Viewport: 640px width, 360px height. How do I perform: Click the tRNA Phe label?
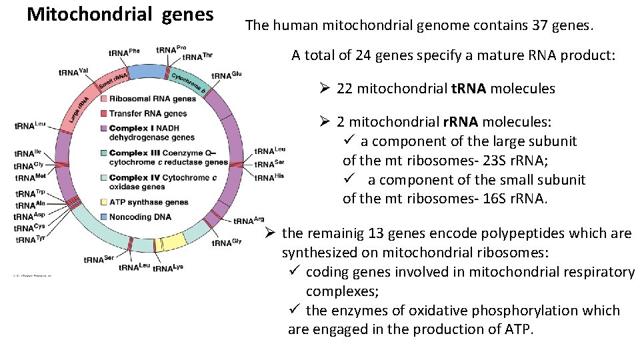(124, 51)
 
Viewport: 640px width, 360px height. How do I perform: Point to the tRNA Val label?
(73, 71)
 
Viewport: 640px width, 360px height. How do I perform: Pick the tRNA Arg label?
(249, 221)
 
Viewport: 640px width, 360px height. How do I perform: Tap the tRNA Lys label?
(168, 268)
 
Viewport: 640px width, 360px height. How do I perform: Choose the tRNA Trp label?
(31, 194)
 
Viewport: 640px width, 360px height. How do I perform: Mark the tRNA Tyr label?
(31, 239)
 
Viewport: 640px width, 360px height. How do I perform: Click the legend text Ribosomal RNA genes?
(153, 99)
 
